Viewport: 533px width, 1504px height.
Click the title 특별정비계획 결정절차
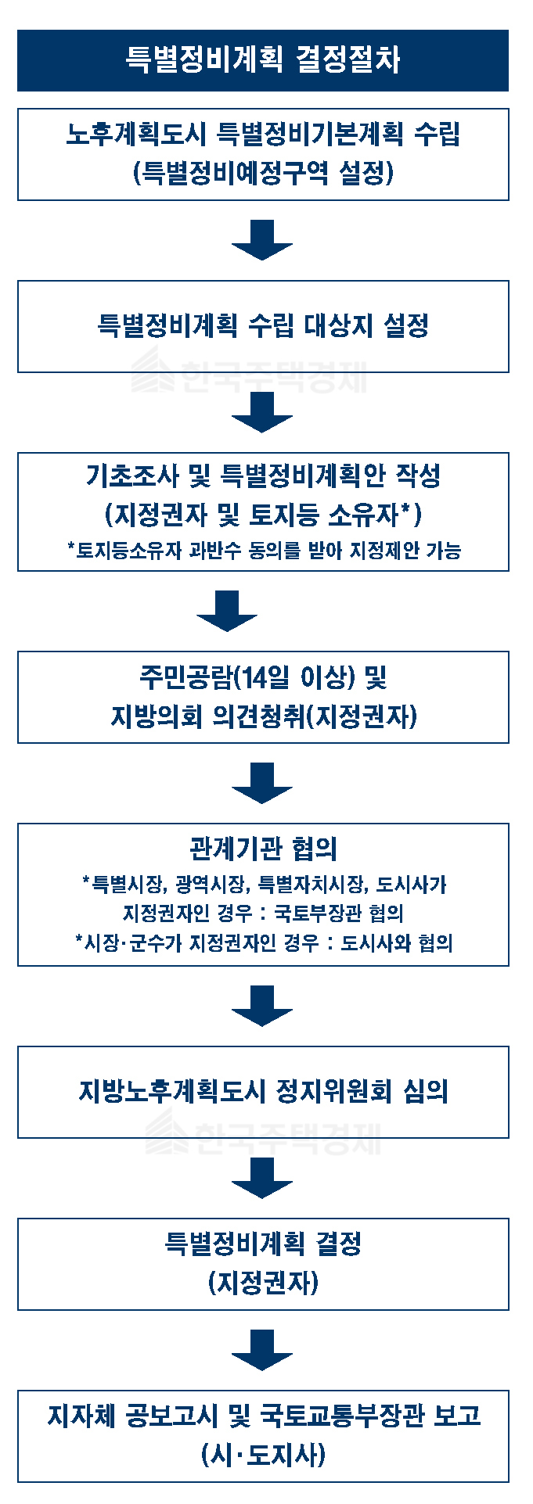[x=263, y=60]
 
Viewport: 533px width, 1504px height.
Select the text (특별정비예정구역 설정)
[x=263, y=173]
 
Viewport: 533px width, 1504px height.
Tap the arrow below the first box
[x=262, y=239]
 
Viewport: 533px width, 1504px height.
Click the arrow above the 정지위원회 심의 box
[x=262, y=1005]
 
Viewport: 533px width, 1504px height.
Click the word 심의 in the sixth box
[x=426, y=1091]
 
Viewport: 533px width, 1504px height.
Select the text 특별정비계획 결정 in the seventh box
[x=263, y=1243]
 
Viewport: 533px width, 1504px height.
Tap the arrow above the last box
[x=262, y=1349]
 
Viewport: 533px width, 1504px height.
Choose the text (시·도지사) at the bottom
[x=263, y=1455]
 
